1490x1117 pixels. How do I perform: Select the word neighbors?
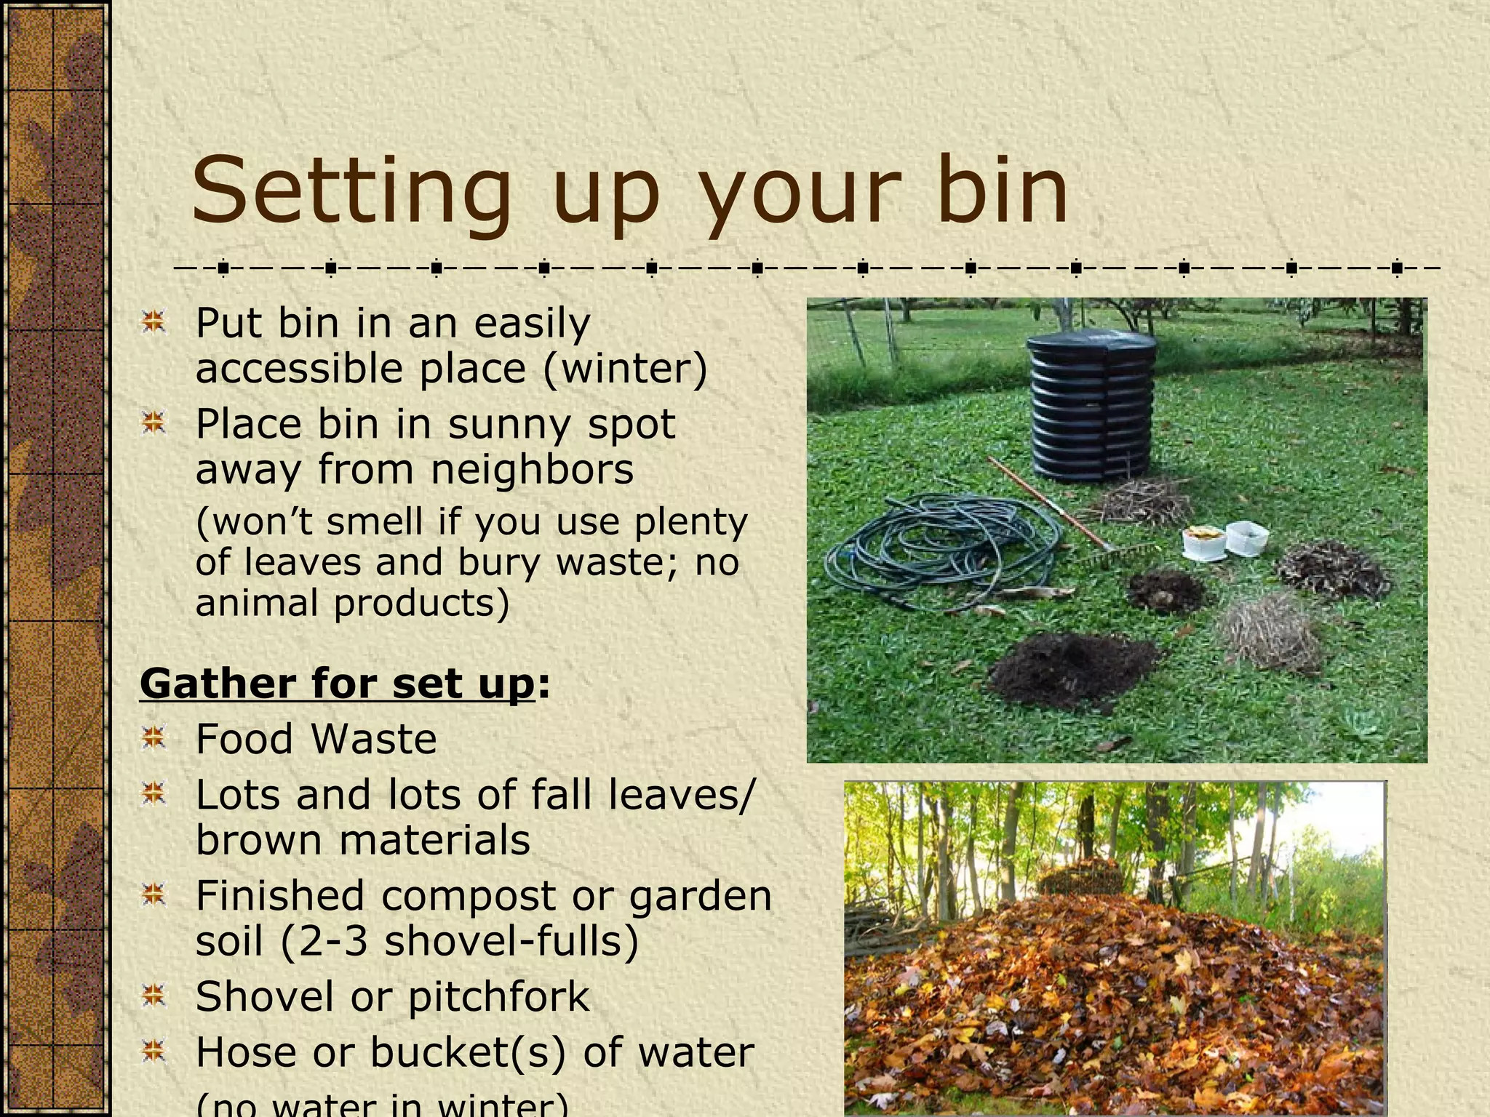[x=533, y=469]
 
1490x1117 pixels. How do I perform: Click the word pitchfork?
[x=498, y=997]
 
